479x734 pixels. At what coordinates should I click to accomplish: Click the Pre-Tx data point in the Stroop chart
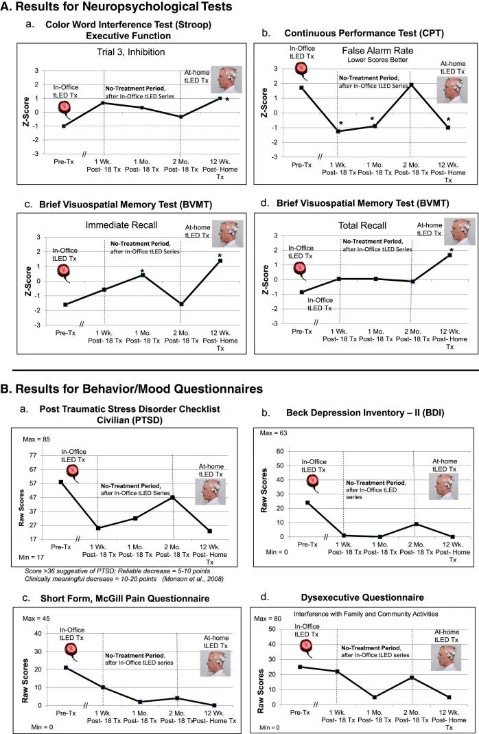pos(64,126)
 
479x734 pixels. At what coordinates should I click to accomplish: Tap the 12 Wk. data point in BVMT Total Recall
pos(449,255)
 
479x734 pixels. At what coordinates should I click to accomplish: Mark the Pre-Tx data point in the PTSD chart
pos(61,482)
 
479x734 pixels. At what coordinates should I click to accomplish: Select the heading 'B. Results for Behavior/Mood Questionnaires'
pos(132,389)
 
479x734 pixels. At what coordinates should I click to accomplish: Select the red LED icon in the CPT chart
pos(301,68)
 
